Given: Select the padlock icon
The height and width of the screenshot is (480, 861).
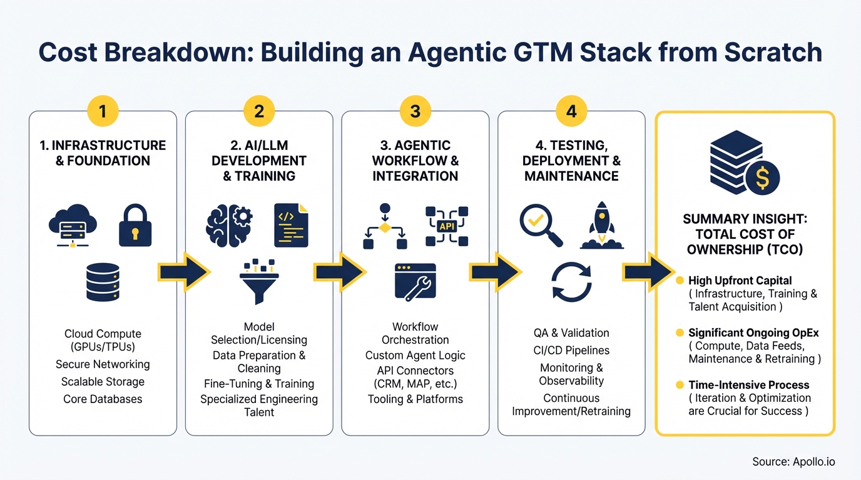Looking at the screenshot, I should coord(135,225).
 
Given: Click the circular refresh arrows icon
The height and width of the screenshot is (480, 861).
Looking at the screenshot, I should coord(571,282).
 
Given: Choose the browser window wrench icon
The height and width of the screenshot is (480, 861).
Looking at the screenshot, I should coord(415,281).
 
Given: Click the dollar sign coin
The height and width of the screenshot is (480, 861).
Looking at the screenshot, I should coord(762,178).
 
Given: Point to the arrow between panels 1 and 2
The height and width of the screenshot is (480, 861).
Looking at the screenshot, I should coord(182,272).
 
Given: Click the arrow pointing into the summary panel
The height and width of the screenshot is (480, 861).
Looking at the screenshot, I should coord(648,272).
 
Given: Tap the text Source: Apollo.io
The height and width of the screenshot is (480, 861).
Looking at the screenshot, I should coord(793,462).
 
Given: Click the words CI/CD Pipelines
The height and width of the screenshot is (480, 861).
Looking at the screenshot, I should coord(571,351).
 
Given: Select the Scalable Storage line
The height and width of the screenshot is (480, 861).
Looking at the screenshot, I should coord(103,382).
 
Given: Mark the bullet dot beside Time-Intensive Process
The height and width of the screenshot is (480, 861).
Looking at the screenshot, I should coord(680,385).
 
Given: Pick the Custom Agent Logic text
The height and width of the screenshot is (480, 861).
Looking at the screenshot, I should coord(415,356).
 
